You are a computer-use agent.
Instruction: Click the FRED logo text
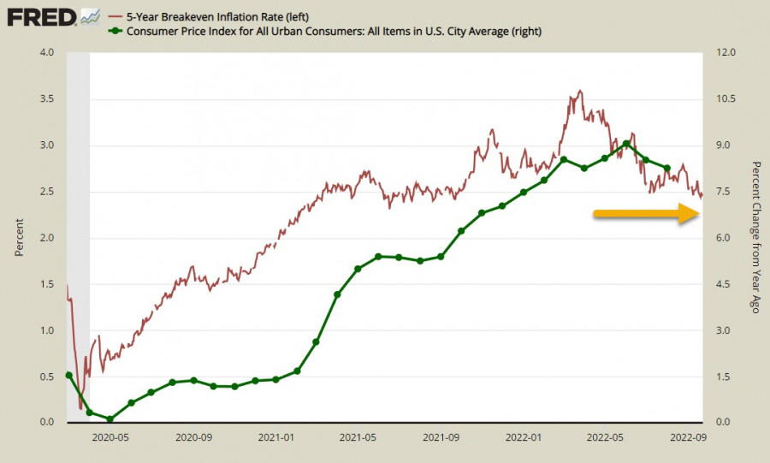(41, 16)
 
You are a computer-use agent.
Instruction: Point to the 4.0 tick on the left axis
(47, 53)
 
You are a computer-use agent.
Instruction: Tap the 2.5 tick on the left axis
(47, 192)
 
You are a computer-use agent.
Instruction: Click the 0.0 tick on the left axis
(47, 423)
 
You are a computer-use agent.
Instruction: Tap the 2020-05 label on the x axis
(110, 436)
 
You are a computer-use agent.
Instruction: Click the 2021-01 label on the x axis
(276, 436)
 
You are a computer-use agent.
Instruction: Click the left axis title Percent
(19, 237)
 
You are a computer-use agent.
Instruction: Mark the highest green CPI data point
(626, 144)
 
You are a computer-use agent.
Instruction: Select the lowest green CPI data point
(110, 419)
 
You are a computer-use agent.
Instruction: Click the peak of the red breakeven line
(580, 91)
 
